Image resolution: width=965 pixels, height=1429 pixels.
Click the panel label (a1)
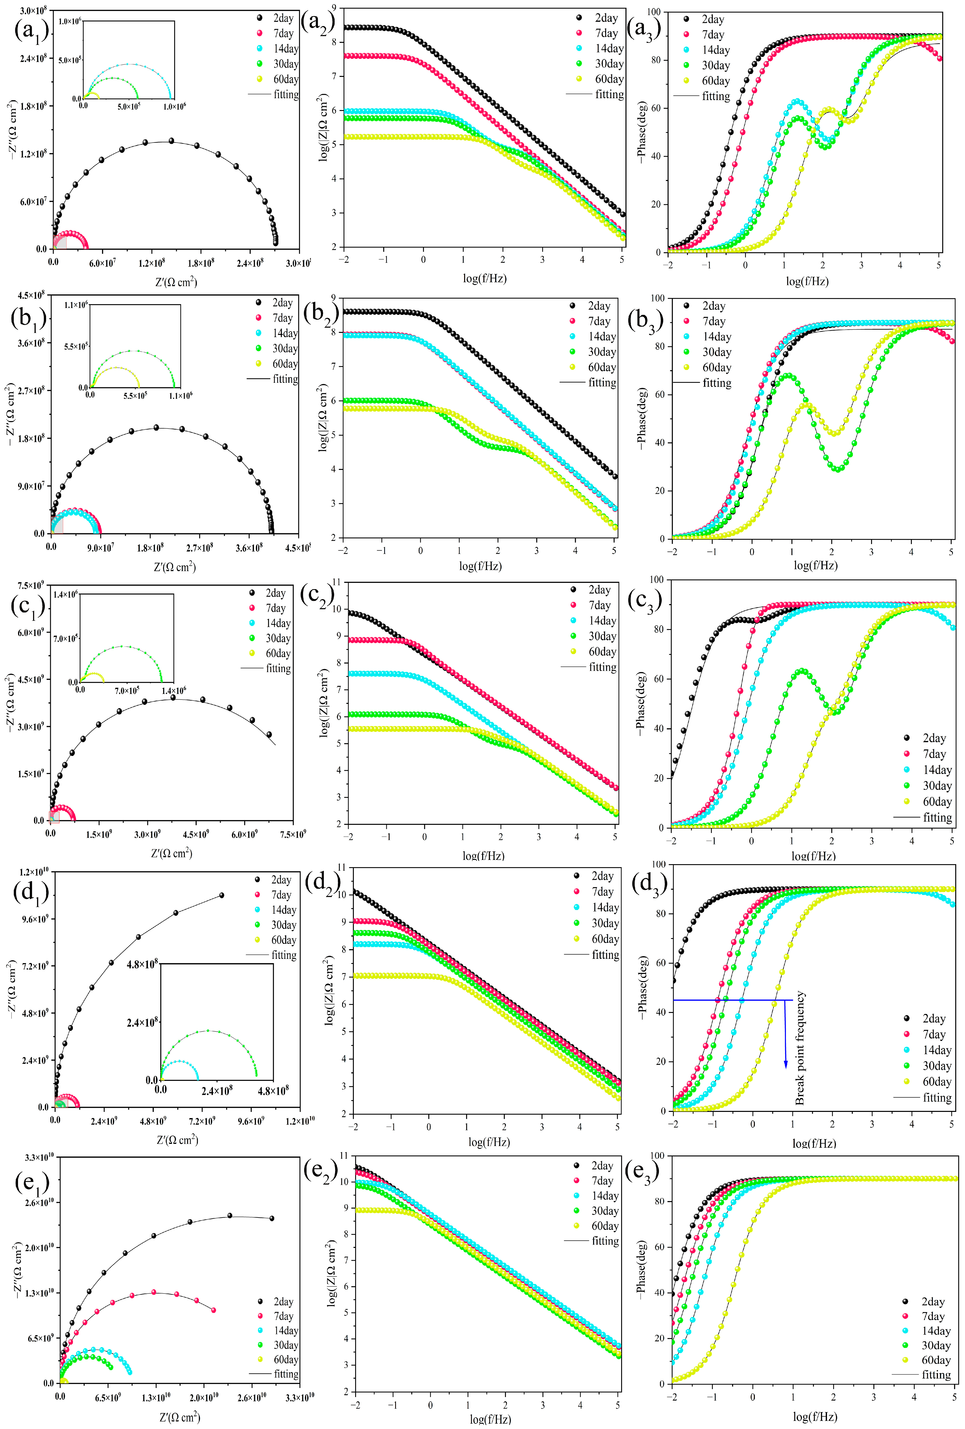[x=31, y=31]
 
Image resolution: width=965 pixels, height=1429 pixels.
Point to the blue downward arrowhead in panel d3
[x=785, y=1064]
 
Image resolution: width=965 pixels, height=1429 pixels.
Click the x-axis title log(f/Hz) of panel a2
[x=484, y=279]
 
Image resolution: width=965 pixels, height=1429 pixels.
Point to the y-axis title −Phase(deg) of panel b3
[x=642, y=418]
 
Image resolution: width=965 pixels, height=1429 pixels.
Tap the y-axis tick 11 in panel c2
[x=336, y=582]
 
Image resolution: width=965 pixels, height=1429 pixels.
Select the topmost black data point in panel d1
[x=221, y=895]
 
